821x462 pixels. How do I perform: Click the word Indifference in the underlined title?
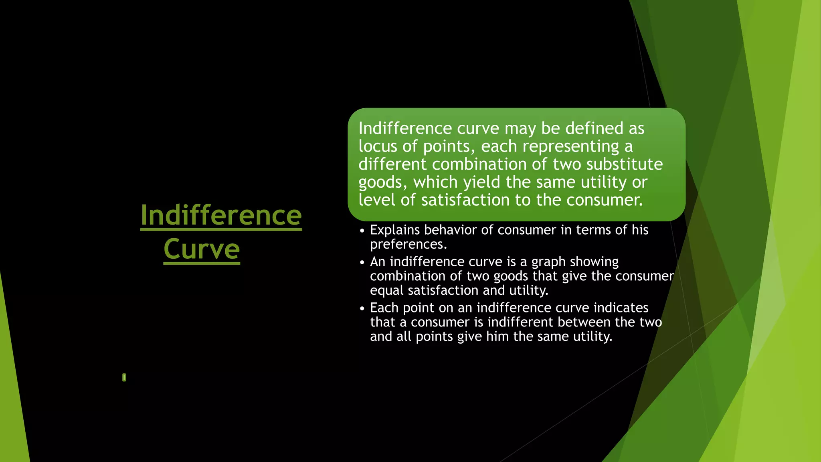point(221,215)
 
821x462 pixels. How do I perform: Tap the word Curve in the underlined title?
point(202,249)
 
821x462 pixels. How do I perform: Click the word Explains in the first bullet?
point(395,230)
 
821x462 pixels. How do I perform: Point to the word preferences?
point(408,244)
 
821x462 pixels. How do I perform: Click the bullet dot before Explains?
point(362,231)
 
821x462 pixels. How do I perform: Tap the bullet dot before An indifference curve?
point(362,263)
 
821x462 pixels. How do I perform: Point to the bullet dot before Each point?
point(362,309)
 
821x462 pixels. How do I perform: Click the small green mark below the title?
point(124,377)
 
